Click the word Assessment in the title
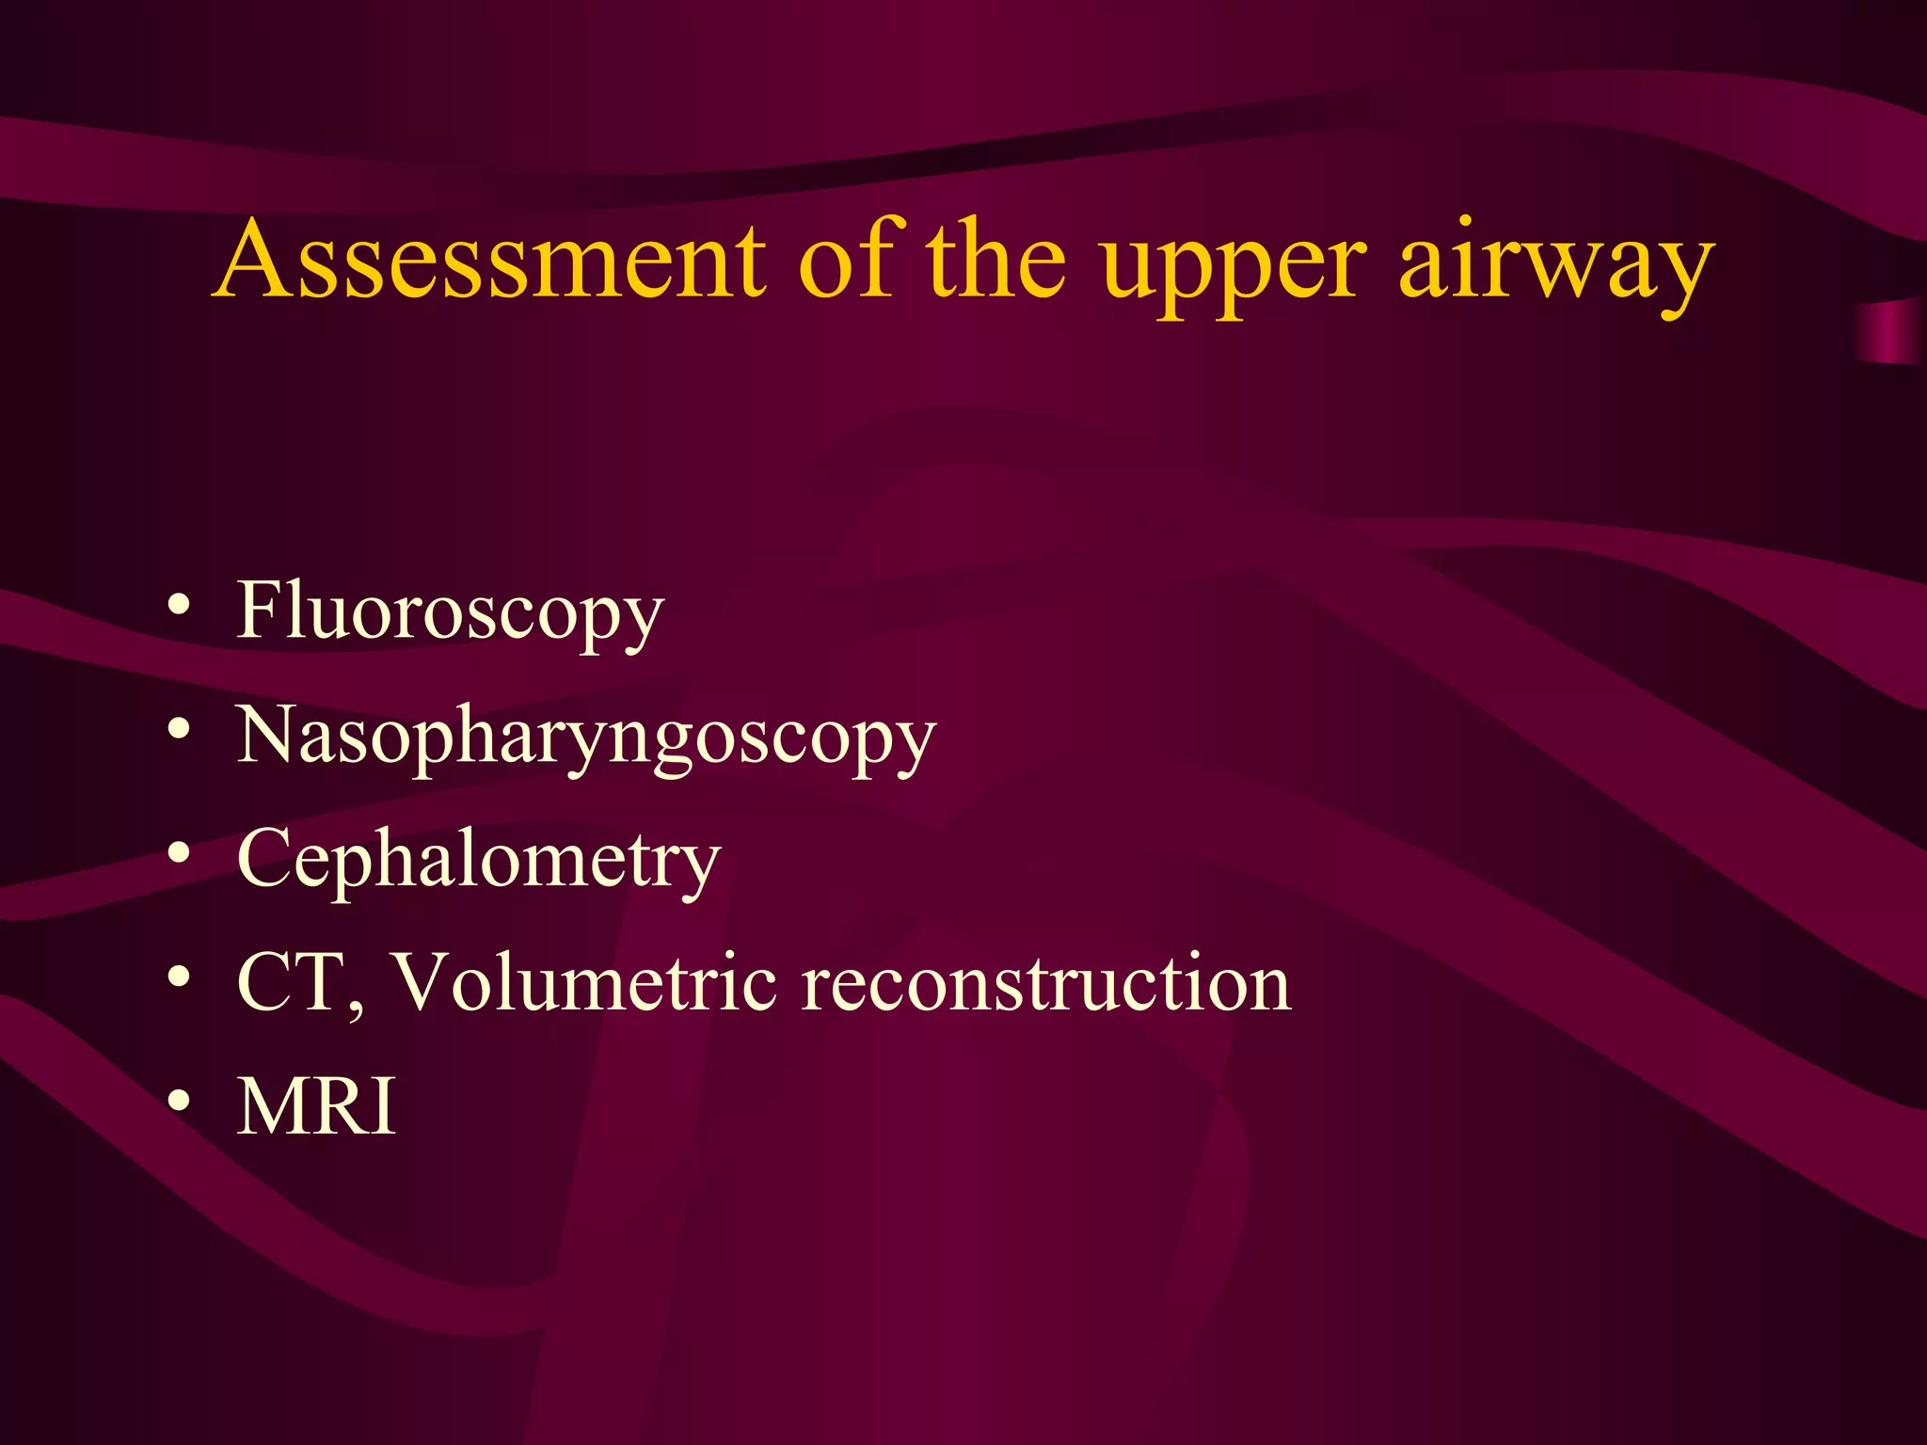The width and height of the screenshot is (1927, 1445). (489, 261)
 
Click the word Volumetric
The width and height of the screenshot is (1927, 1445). (583, 983)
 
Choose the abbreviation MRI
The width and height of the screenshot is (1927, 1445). (316, 1107)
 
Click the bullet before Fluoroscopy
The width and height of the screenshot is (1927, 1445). (179, 607)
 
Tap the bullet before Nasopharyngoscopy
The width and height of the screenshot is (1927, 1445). (179, 730)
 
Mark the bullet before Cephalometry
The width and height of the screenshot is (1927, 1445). (179, 853)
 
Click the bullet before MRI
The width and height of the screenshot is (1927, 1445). (179, 1102)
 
